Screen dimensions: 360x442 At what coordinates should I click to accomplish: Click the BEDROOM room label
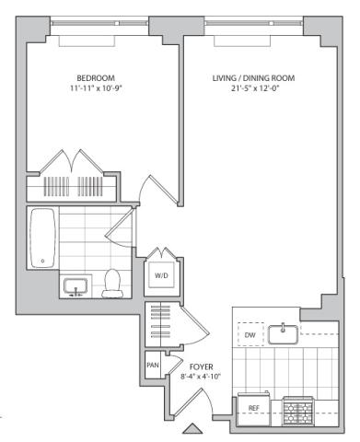[x=96, y=78]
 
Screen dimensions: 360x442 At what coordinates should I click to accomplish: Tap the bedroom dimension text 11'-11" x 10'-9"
[x=96, y=88]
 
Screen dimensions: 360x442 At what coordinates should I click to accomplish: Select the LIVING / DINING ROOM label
[x=254, y=78]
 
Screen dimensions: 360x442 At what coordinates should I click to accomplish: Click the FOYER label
[x=202, y=366]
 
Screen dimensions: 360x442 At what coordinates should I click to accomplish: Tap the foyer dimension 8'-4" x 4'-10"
[x=201, y=377]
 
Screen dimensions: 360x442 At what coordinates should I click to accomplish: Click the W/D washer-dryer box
[x=161, y=275]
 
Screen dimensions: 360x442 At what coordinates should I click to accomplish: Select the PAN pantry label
[x=153, y=366]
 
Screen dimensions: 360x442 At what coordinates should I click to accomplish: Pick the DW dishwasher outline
[x=250, y=334]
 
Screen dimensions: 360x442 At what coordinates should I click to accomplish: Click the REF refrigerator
[x=253, y=409]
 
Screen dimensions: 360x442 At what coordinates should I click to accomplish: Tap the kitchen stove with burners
[x=298, y=411]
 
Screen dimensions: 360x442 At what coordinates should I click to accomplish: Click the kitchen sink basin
[x=283, y=334]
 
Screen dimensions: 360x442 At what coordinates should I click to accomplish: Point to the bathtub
[x=43, y=238]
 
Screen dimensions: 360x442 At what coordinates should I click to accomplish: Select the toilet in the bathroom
[x=112, y=284]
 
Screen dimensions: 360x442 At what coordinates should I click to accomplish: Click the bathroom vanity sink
[x=75, y=286]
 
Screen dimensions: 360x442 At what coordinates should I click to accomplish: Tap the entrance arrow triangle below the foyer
[x=192, y=428]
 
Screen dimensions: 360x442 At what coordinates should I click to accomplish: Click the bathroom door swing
[x=120, y=227]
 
